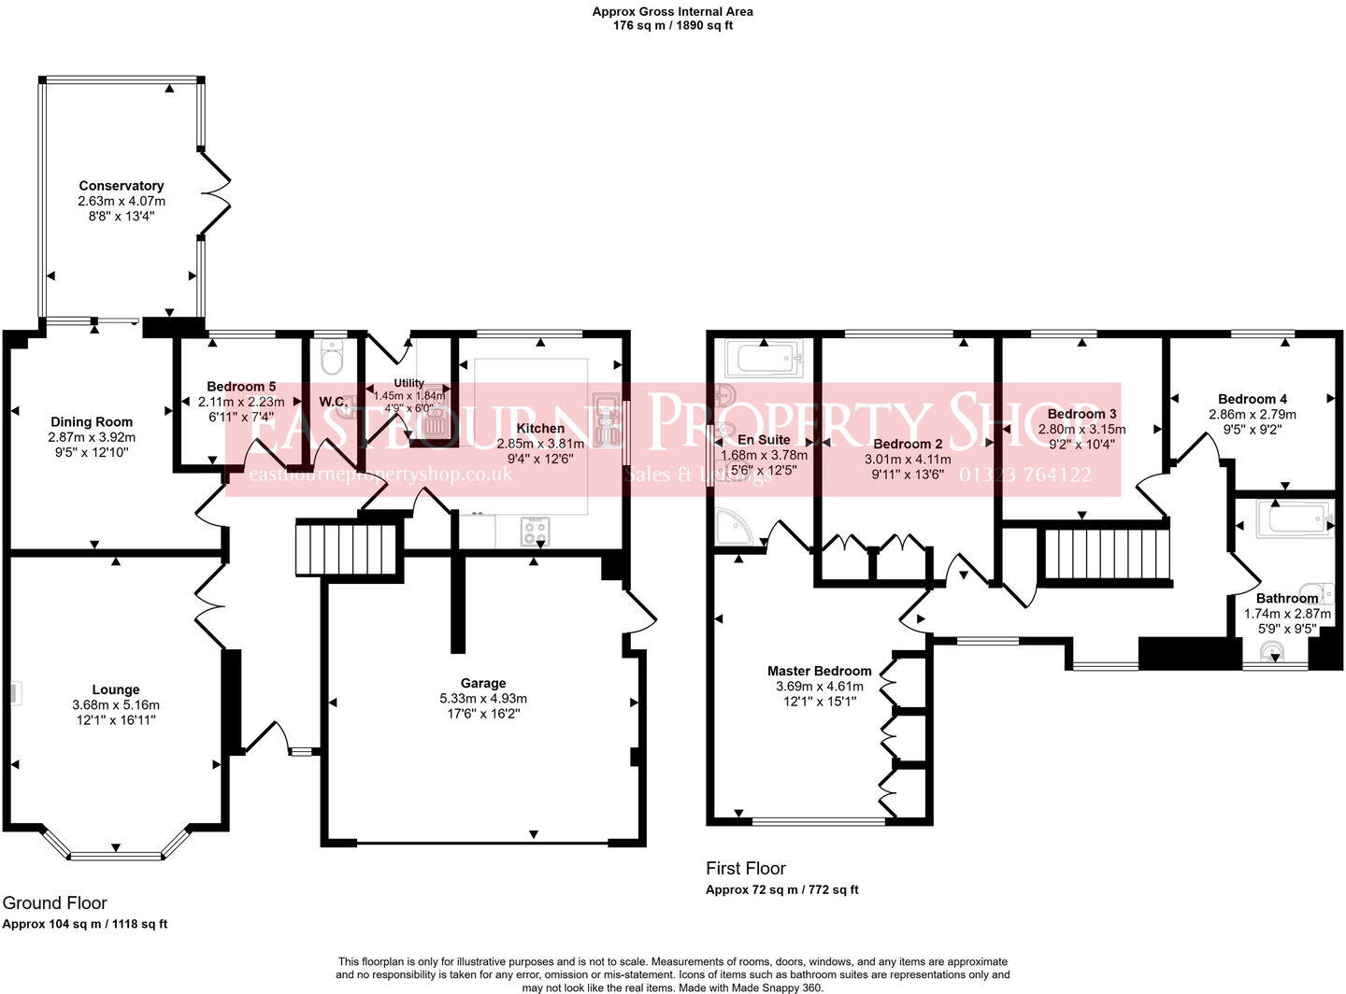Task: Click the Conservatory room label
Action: pyautogui.click(x=122, y=186)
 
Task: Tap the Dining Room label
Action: pyautogui.click(x=92, y=421)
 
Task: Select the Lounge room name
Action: pyautogui.click(x=116, y=689)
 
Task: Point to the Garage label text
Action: pyautogui.click(x=483, y=683)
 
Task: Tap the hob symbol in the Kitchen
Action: pyautogui.click(x=536, y=532)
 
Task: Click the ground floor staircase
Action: pyautogui.click(x=347, y=548)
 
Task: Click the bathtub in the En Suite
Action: pyautogui.click(x=765, y=359)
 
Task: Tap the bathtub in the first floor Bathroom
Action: pyautogui.click(x=1295, y=518)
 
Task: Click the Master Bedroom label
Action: pyautogui.click(x=819, y=671)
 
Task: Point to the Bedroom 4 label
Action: pyautogui.click(x=1253, y=399)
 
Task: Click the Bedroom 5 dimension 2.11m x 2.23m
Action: pyautogui.click(x=241, y=402)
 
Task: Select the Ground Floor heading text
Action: pyautogui.click(x=55, y=902)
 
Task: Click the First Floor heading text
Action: pyautogui.click(x=746, y=868)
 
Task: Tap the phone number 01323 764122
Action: pyautogui.click(x=1024, y=475)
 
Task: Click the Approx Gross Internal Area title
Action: pyautogui.click(x=672, y=12)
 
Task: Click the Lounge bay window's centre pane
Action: pyautogui.click(x=116, y=854)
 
